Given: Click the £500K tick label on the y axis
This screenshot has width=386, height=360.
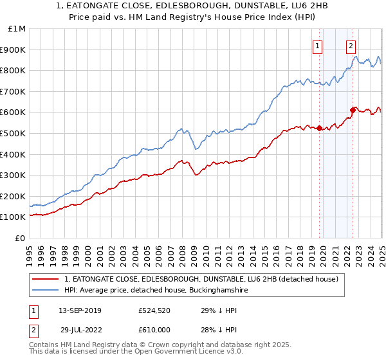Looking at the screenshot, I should (14, 133).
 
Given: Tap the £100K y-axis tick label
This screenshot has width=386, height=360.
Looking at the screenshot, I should (14, 217).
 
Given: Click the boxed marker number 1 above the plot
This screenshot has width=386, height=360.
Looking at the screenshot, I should (318, 46).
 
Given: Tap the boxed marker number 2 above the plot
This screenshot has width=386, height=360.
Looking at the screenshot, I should (351, 46).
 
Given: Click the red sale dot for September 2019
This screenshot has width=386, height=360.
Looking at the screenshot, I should (319, 128).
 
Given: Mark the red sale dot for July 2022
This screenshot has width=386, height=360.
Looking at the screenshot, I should (353, 110).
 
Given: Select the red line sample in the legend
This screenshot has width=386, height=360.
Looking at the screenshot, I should (47, 279).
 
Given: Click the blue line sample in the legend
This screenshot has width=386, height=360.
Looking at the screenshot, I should (47, 291).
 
